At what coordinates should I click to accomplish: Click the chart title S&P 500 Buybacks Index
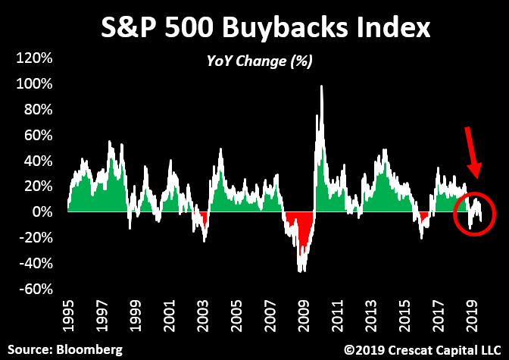pyautogui.click(x=266, y=30)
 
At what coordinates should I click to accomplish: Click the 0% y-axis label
pyautogui.click(x=42, y=211)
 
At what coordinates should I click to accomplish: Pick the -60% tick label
pyautogui.click(x=35, y=289)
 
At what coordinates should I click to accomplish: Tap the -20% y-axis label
pyautogui.click(x=35, y=237)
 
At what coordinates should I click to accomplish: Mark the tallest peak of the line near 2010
pyautogui.click(x=322, y=86)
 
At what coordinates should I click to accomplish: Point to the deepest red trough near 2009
pyautogui.click(x=301, y=269)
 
